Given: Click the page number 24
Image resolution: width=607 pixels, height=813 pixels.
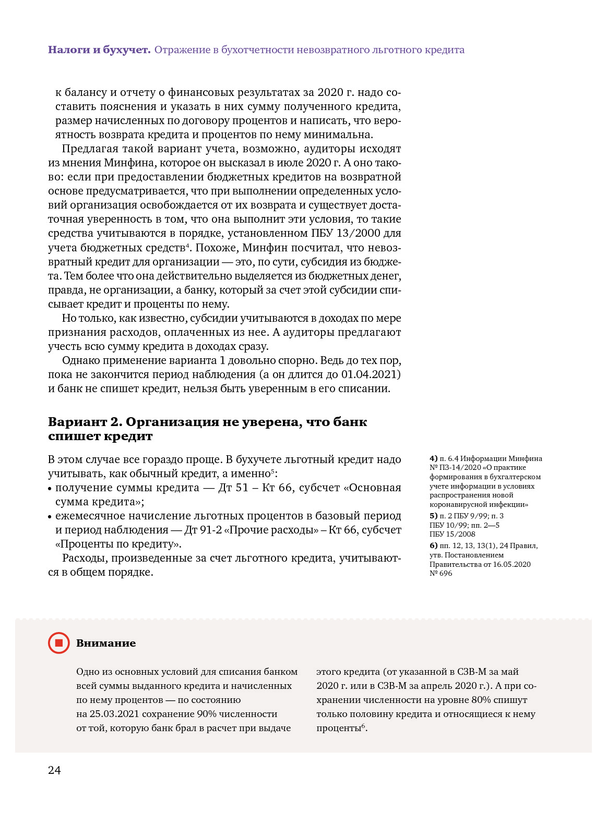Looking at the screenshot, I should pyautogui.click(x=54, y=770).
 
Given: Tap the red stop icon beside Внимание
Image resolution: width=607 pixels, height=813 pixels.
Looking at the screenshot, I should pyautogui.click(x=58, y=643).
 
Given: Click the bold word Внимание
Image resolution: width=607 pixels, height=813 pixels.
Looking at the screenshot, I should pyautogui.click(x=106, y=643).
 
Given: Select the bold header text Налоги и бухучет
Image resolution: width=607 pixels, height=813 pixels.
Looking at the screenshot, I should pyautogui.click(x=99, y=50).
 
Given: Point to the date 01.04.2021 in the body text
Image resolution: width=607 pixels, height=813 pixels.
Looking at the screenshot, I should pyautogui.click(x=371, y=374).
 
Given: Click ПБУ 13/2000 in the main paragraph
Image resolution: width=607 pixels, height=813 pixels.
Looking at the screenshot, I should pyautogui.click(x=340, y=233).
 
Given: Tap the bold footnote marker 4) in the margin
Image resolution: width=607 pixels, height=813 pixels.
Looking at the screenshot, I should pyautogui.click(x=434, y=458).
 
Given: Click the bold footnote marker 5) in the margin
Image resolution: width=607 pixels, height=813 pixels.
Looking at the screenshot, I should pyautogui.click(x=434, y=516).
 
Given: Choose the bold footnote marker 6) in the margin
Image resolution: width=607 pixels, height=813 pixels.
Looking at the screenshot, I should pyautogui.click(x=434, y=545).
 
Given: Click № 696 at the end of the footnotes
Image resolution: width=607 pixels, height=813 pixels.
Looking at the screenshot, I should pyautogui.click(x=441, y=573).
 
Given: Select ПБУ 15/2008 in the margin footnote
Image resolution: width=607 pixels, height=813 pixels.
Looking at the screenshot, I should pyautogui.click(x=453, y=534).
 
